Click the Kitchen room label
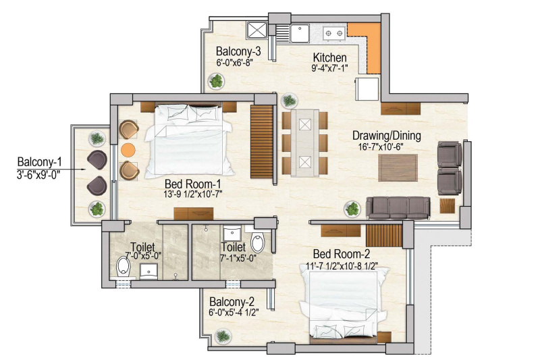[329, 57]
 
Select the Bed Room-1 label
[193, 183]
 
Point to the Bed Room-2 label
[341, 254]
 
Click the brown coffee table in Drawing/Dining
[398, 167]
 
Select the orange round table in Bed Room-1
[128, 149]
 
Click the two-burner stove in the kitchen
[332, 32]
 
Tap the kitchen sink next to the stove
[299, 32]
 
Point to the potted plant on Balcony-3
[216, 82]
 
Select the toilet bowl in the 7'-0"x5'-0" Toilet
[122, 267]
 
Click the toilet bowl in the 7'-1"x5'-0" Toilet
[257, 242]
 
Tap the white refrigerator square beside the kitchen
[368, 89]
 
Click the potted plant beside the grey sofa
[352, 209]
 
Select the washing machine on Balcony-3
[257, 30]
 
